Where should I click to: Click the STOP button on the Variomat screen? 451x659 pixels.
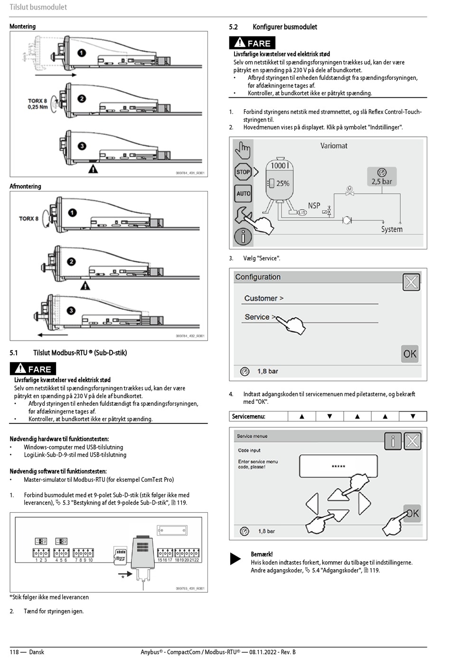tap(243, 172)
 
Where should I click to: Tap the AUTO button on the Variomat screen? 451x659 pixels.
tap(243, 193)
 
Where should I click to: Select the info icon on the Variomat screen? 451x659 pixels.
tap(243, 236)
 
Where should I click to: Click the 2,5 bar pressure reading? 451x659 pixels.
tap(382, 181)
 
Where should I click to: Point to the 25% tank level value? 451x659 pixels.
tap(282, 183)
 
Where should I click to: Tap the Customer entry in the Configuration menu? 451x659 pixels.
tap(263, 298)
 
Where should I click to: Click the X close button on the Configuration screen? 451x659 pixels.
tap(411, 282)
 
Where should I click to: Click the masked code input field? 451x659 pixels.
tap(338, 466)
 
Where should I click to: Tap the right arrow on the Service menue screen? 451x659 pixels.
tap(364, 503)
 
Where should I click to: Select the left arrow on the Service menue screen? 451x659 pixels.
tap(312, 504)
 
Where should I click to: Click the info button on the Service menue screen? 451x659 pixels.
tap(393, 441)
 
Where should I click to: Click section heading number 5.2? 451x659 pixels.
tap(233, 27)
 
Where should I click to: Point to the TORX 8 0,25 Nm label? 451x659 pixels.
tap(38, 104)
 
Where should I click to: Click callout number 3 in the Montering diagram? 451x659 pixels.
tap(82, 146)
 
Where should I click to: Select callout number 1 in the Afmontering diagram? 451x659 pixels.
tap(72, 212)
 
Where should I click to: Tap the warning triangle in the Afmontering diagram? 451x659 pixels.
tap(85, 286)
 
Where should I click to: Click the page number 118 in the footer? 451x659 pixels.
tap(14, 652)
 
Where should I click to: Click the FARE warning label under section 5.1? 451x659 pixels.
tap(33, 369)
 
